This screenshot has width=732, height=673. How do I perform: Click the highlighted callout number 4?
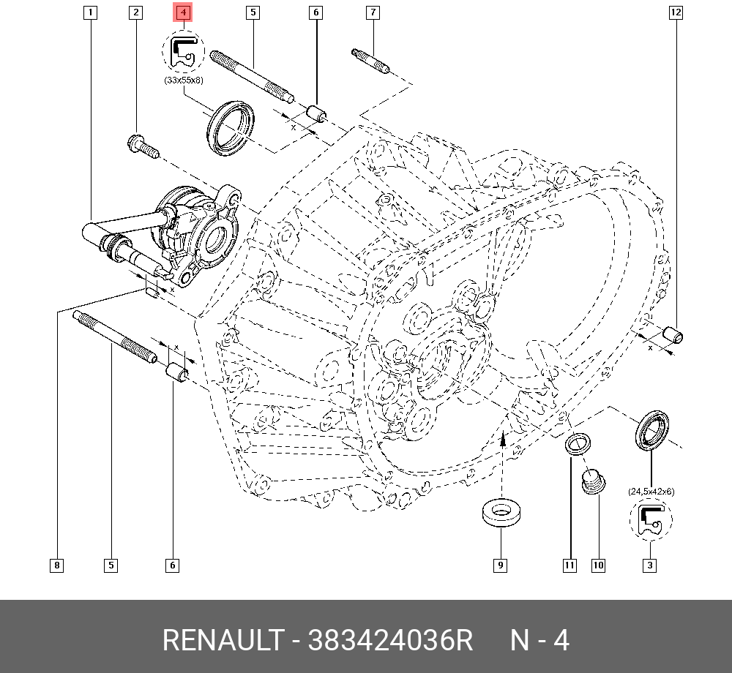pos(183,12)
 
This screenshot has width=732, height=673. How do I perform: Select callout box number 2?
pos(135,12)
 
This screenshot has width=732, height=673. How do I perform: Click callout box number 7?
pos(373,12)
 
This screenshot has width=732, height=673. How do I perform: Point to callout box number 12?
pos(674,12)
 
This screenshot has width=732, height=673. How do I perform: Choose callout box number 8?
pos(57,565)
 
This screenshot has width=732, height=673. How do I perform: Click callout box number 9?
pos(500,565)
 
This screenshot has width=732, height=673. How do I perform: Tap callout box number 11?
pos(569,565)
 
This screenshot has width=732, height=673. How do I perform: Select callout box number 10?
pos(599,565)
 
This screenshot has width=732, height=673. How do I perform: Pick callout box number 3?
pos(649,565)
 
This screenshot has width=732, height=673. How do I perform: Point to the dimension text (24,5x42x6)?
pos(651,492)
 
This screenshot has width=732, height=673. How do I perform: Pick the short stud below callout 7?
pos(371,60)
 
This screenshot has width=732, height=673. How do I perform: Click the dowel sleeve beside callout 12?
pos(673,335)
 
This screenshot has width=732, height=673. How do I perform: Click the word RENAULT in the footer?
pos(221,641)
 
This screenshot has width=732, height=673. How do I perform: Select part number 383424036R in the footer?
pos(391,641)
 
